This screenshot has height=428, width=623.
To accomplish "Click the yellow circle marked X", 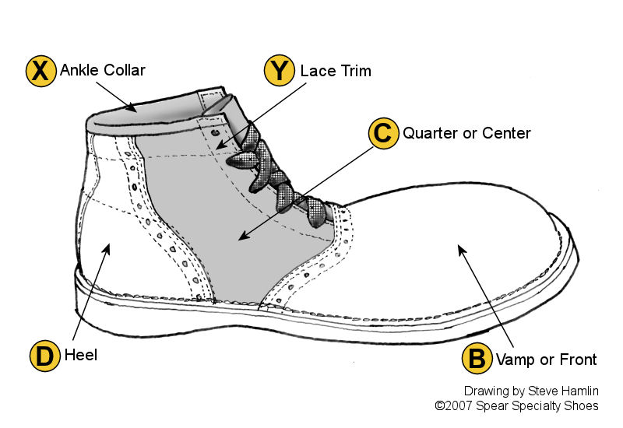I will click(x=41, y=71).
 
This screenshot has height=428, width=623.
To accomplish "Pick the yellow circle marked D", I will click(x=45, y=357).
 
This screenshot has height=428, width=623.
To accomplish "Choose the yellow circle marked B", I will click(x=476, y=359).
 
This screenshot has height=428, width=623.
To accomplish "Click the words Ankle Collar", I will click(x=103, y=71).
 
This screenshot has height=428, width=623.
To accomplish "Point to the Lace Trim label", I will click(x=336, y=71).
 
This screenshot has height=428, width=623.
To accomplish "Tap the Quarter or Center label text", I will click(x=466, y=133).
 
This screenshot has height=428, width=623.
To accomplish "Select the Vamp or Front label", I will click(x=544, y=359).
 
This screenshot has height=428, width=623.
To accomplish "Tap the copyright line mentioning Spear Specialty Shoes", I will click(x=516, y=405).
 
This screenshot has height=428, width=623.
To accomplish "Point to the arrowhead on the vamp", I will click(x=460, y=248).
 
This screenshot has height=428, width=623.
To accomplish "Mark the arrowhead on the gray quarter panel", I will click(x=242, y=237).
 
